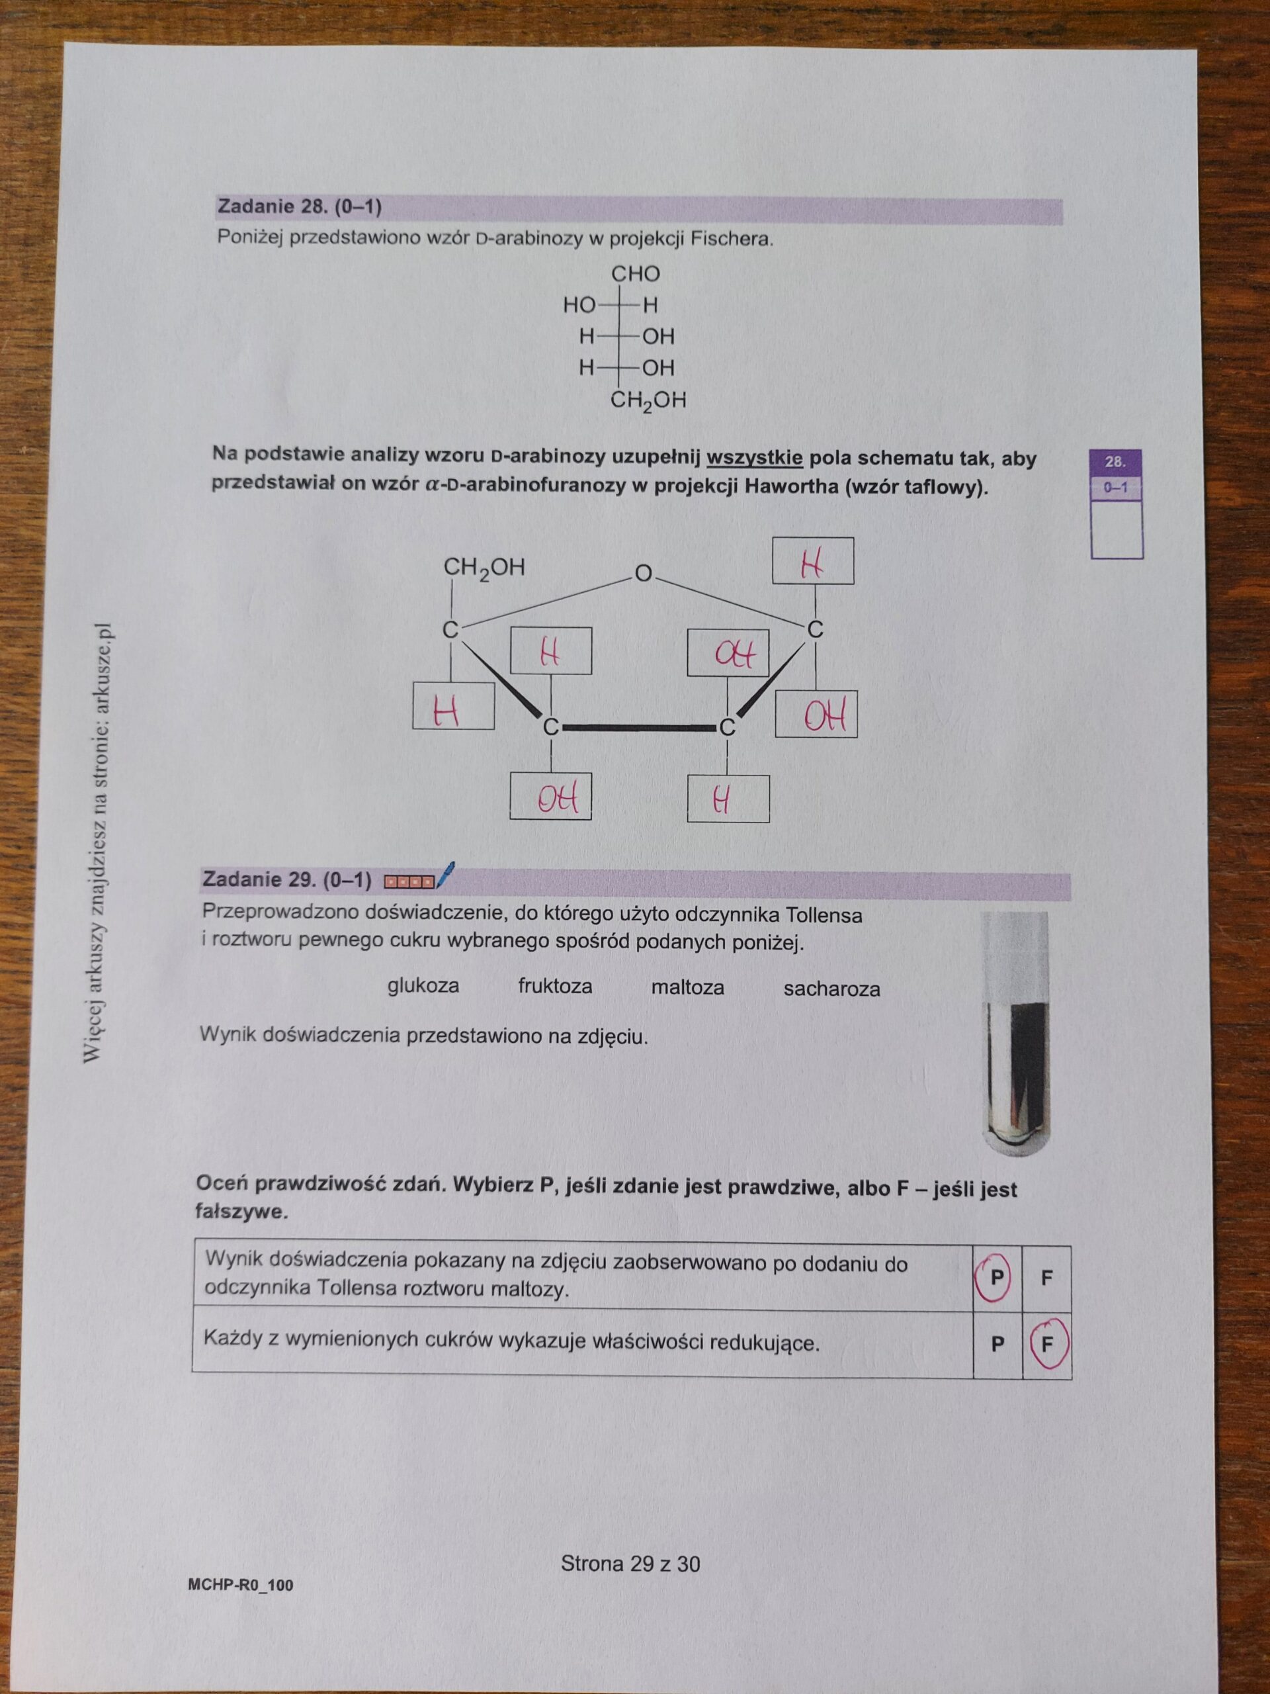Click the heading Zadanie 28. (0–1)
300,206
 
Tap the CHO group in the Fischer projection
636,274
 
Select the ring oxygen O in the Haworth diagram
643,573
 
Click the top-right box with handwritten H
813,560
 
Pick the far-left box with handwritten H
453,705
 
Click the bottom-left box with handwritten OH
550,798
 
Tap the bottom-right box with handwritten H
728,799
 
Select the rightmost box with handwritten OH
816,715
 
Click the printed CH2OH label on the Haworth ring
485,569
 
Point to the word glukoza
423,985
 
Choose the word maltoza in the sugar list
687,987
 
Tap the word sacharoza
831,989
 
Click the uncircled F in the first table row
1047,1277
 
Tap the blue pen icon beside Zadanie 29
444,875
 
